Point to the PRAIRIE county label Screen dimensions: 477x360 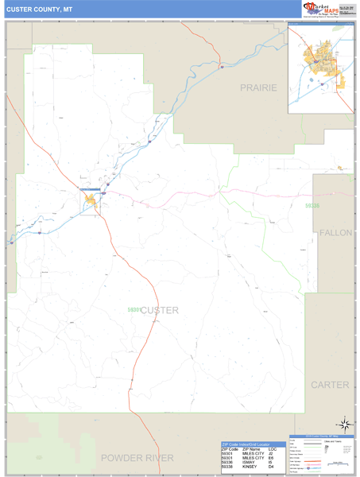point(259,87)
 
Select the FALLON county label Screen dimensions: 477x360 point(335,232)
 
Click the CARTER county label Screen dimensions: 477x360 point(330,385)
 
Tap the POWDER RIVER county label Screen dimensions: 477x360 point(137,458)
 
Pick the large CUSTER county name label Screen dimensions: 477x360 point(159,310)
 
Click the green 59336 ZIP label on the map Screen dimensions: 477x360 point(312,206)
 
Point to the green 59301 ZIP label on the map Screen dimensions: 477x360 point(134,309)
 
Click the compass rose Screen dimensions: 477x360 point(345,424)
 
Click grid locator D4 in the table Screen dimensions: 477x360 point(271,467)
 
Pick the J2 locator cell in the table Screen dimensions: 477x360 point(271,453)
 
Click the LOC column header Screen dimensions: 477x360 point(272,448)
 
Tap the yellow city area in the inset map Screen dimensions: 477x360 point(317,59)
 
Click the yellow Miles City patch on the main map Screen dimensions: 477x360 point(91,200)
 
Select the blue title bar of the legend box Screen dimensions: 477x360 point(321,436)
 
